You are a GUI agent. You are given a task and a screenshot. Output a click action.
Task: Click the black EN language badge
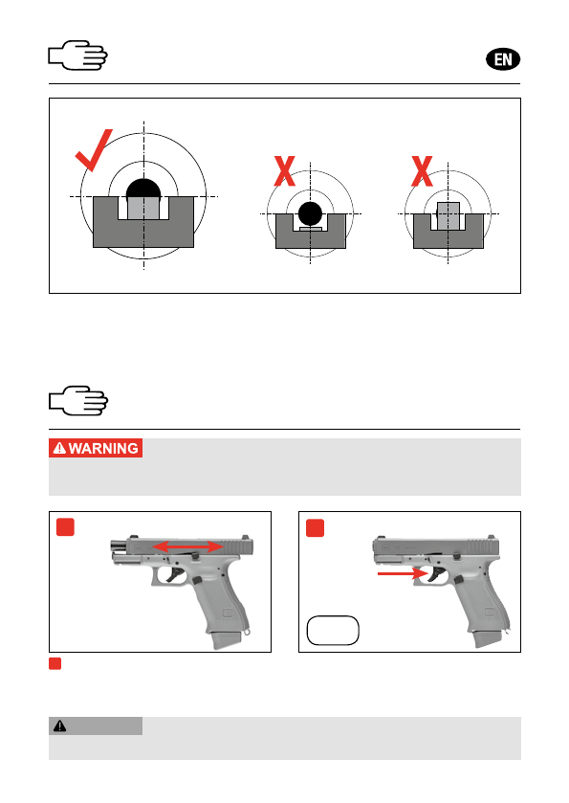502,59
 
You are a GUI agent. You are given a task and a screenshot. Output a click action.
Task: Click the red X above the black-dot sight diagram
285,171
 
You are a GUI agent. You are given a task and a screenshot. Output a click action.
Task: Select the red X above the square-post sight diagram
422,171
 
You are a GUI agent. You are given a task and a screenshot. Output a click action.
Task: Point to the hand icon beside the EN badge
77,55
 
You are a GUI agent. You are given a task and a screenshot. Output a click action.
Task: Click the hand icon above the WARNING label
78,400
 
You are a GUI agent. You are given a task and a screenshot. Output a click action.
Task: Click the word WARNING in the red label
103,449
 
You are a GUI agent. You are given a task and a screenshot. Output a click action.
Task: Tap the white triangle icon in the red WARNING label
60,448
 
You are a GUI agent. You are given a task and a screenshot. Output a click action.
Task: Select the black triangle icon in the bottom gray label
60,725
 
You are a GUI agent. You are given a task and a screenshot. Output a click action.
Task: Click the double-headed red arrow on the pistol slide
188,546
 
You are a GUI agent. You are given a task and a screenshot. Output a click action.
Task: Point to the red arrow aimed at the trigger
403,573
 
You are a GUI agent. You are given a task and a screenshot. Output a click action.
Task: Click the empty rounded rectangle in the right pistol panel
333,631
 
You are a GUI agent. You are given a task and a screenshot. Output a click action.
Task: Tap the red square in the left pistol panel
65,527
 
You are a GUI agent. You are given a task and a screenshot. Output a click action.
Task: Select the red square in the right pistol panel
316,528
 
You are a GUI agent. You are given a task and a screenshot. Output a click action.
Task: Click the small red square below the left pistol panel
55,663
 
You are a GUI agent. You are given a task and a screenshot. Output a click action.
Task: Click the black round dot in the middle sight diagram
310,214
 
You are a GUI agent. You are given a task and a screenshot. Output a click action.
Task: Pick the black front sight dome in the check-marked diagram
143,189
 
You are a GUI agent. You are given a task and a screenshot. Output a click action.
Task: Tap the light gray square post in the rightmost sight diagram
449,215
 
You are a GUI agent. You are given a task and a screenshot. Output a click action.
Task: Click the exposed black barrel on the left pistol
120,546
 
